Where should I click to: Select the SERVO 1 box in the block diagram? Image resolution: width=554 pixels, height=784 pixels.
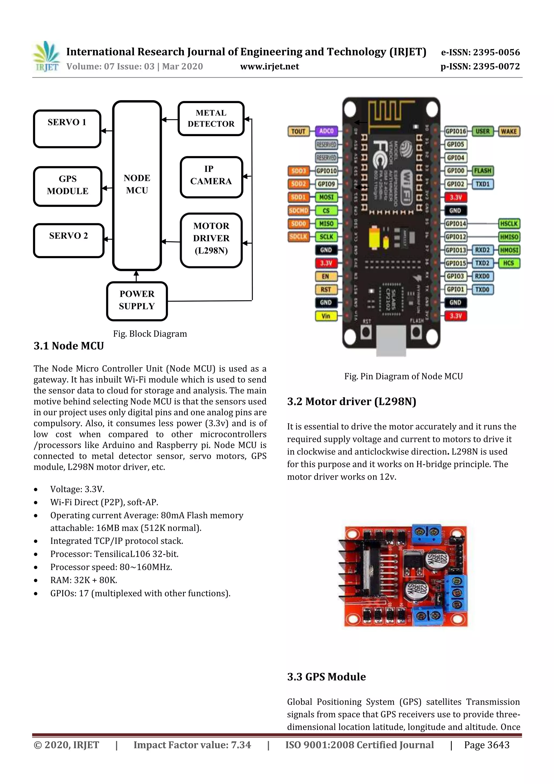point(67,129)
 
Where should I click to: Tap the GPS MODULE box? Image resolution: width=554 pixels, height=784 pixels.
point(68,186)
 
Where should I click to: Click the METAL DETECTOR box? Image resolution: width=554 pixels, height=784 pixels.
point(211,119)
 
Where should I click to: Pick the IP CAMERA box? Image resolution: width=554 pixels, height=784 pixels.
point(211,177)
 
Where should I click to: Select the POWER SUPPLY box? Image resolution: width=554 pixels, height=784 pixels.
point(137,301)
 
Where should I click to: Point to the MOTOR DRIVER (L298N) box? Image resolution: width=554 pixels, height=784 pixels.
point(211,240)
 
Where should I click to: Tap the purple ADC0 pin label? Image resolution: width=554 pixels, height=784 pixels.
point(326,131)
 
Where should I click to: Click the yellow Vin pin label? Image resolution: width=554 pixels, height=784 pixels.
point(326,316)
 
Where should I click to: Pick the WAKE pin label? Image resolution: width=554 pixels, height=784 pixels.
point(509,131)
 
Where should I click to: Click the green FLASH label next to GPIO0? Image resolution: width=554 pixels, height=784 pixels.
point(482,170)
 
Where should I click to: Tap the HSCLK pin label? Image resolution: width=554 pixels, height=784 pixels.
point(509,224)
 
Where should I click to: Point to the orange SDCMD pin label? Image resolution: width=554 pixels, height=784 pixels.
point(298,210)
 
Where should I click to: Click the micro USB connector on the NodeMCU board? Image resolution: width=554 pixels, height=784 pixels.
point(391,340)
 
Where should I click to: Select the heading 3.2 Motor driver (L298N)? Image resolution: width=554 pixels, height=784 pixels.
point(352,402)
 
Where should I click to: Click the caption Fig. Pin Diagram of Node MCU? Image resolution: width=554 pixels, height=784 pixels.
point(404,376)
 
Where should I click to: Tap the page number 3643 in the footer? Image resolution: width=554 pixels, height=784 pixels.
point(486,745)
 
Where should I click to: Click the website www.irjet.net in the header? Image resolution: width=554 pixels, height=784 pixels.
point(269,67)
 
